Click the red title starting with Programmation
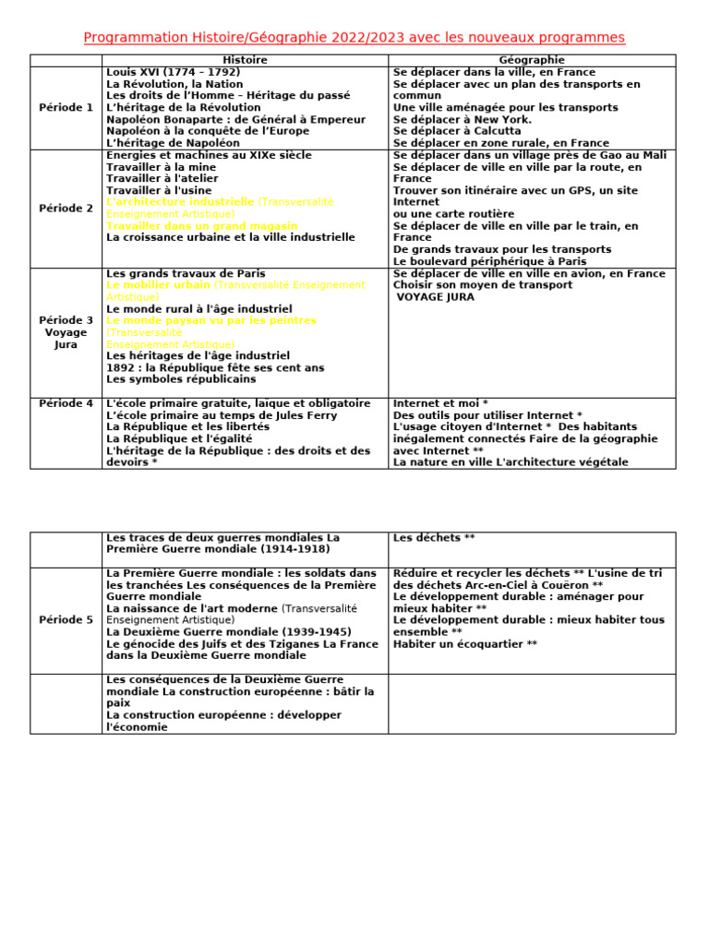(x=354, y=38)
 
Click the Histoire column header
(x=245, y=60)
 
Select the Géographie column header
(x=532, y=60)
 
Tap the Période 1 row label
(x=66, y=107)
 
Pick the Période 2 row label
(x=66, y=208)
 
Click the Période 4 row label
(x=66, y=403)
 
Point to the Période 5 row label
(x=66, y=619)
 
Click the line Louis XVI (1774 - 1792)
(x=173, y=72)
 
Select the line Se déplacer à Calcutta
(x=456, y=131)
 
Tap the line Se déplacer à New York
(x=462, y=119)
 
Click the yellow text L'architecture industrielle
(x=180, y=201)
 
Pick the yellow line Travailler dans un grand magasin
(x=201, y=225)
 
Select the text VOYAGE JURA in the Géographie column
(x=436, y=297)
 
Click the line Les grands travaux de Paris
(x=186, y=273)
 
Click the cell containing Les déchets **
(x=531, y=548)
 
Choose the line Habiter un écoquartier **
(x=464, y=644)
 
